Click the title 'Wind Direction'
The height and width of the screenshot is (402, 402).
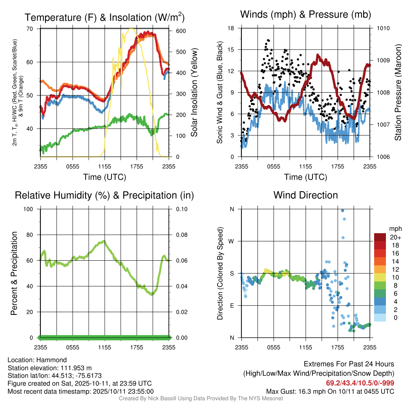305,195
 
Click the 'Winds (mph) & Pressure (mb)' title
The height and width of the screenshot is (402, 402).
305,15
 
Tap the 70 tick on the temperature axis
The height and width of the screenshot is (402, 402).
30,29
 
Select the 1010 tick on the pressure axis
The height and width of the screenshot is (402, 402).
384,28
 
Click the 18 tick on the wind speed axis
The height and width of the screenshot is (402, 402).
231,28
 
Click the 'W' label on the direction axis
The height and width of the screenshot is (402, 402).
232,241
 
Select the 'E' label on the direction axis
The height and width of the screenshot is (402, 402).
232,305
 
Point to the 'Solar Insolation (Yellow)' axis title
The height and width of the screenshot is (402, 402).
194,93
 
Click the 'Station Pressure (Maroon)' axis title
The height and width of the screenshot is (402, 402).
397,93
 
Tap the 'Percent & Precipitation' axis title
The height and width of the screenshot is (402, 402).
14,273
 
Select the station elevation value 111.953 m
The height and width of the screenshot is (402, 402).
75,368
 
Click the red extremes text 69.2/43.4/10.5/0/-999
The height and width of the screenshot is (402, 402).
360,383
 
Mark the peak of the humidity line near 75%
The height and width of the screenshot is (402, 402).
104,241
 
